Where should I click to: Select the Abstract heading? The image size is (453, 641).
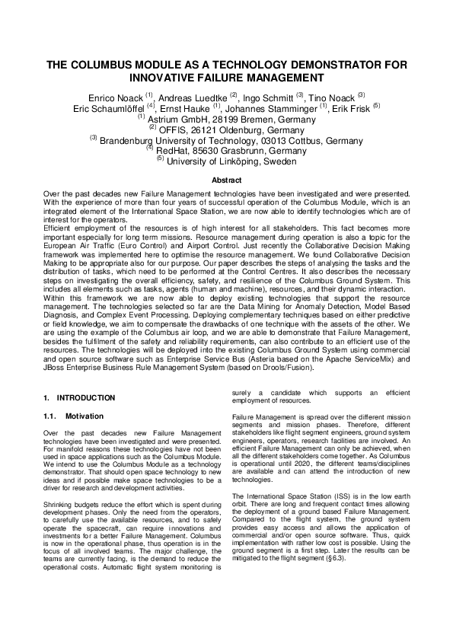click(x=226, y=180)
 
